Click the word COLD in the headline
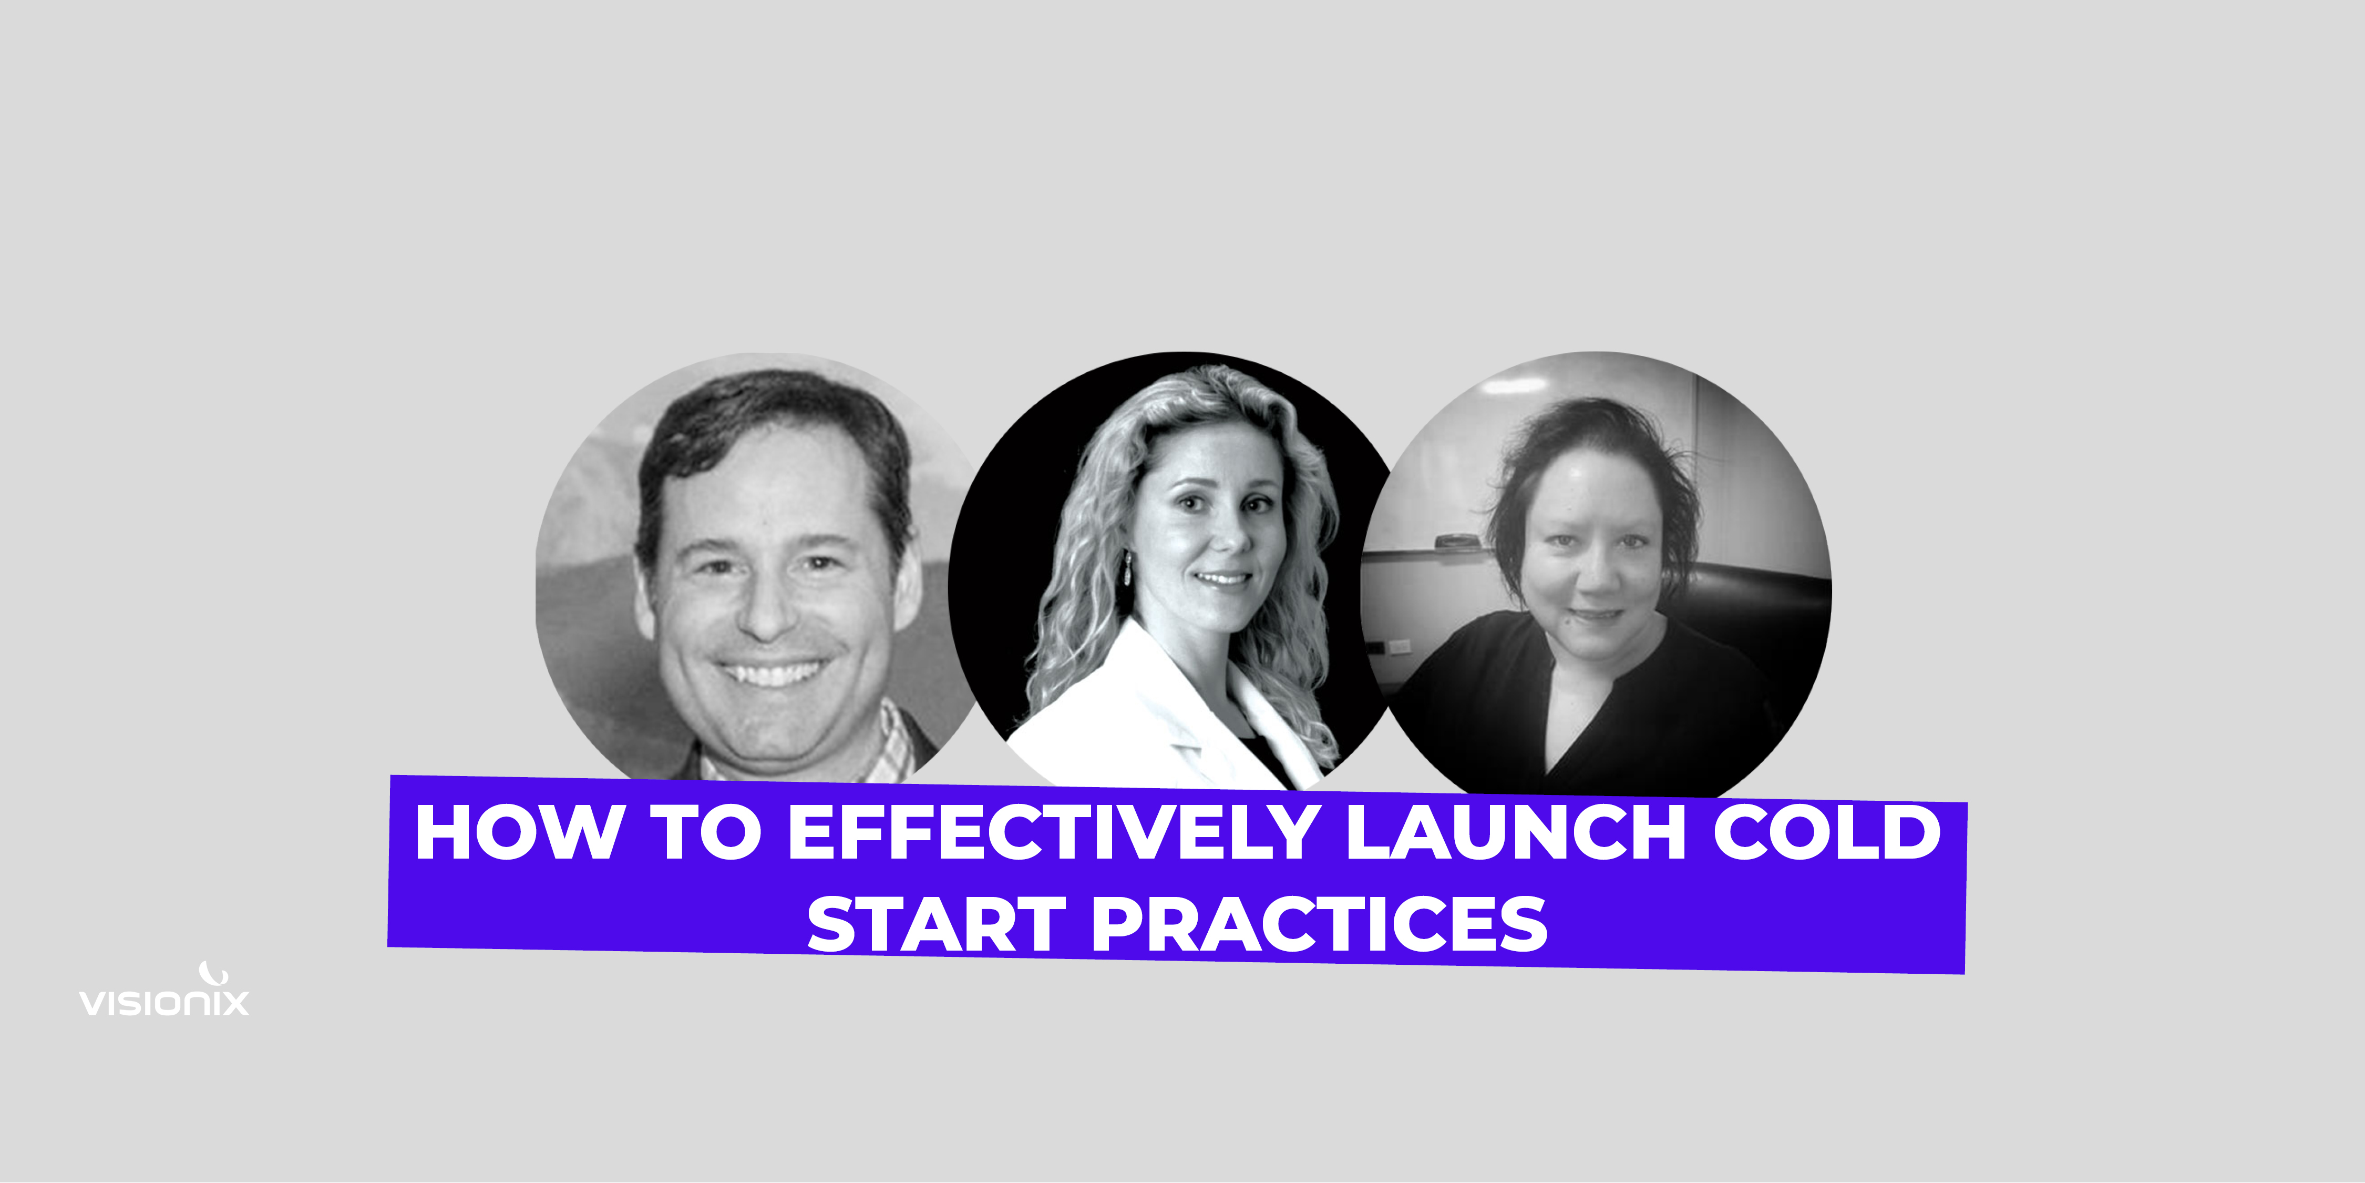pyautogui.click(x=1827, y=832)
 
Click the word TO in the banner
pyautogui.click(x=706, y=832)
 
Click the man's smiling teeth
pyautogui.click(x=771, y=673)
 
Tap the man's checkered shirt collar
pyautogui.click(x=895, y=744)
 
